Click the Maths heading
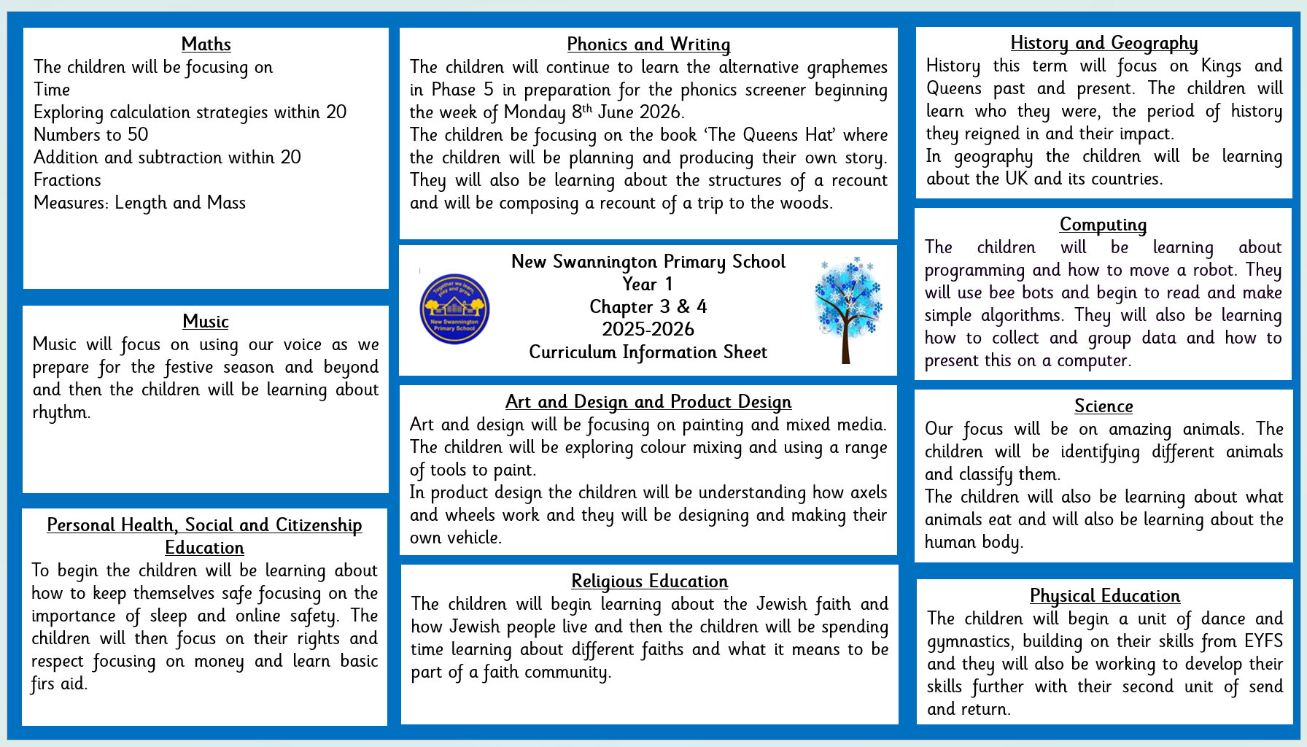point(206,44)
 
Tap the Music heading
point(206,322)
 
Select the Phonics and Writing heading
point(648,44)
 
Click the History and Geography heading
point(1104,43)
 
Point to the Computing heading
point(1103,225)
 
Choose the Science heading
point(1104,406)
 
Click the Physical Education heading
point(1104,596)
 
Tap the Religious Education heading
point(649,581)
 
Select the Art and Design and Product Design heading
point(648,402)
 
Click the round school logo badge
point(454,309)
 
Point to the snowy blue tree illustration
point(848,309)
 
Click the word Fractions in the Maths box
point(67,180)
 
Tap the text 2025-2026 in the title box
point(648,330)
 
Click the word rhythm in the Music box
point(61,413)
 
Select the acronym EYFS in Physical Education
point(1263,641)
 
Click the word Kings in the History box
point(1221,66)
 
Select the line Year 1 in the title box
point(648,285)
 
